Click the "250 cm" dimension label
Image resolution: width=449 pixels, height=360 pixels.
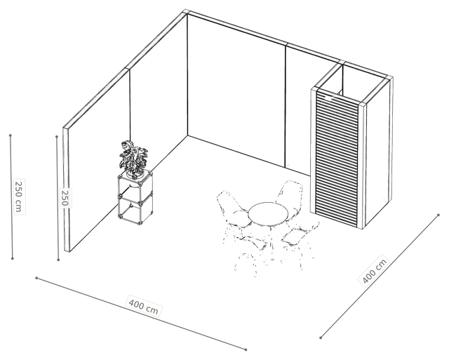[x=19, y=196]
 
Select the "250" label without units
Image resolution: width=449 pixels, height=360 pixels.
[x=65, y=198]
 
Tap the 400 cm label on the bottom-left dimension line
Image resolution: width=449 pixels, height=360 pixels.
[x=143, y=307]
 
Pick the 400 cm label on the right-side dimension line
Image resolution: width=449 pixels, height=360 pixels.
[x=374, y=270]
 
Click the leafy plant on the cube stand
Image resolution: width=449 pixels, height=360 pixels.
[x=133, y=157]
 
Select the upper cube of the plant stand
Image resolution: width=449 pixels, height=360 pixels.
[x=135, y=187]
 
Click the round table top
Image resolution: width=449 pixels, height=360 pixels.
[x=268, y=213]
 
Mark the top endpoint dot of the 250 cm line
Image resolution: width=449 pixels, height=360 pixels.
[x=11, y=135]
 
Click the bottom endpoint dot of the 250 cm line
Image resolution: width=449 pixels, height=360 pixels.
[x=13, y=259]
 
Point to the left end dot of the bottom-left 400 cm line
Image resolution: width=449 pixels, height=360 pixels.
[x=36, y=278]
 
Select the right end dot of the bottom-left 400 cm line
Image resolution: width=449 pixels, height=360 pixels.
[x=246, y=349]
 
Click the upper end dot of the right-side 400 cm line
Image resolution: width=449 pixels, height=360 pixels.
[x=438, y=215]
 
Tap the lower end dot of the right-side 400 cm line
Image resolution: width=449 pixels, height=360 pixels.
[x=321, y=338]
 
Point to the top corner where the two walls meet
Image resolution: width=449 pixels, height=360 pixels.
[x=187, y=12]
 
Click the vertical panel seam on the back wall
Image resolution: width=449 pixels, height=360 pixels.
[x=286, y=106]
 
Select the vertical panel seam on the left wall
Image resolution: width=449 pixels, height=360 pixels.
[x=130, y=105]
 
